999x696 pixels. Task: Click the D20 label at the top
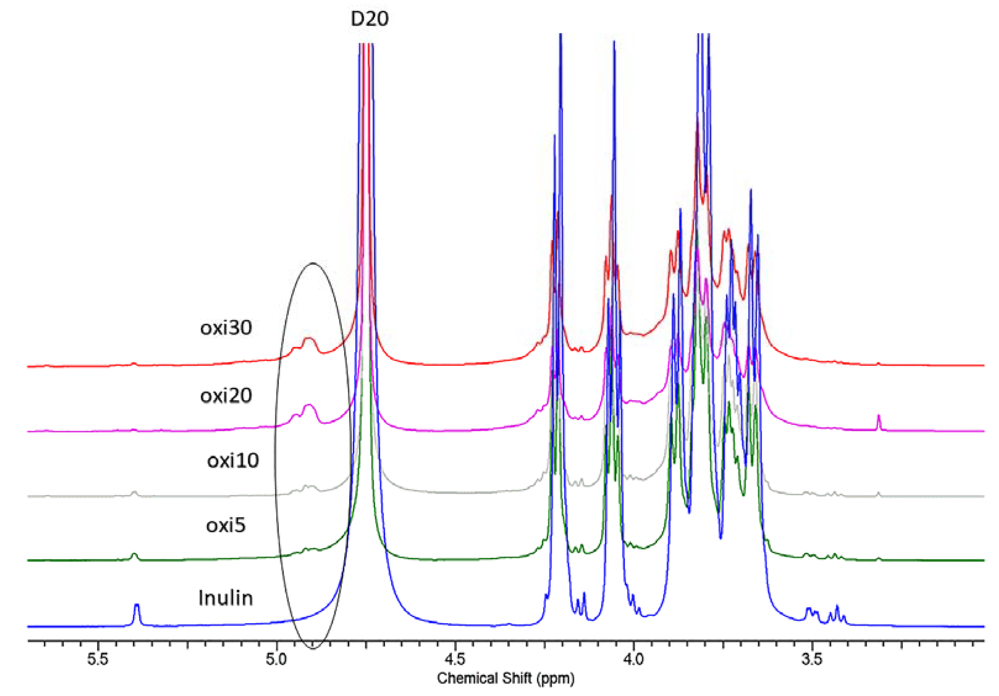[x=369, y=19]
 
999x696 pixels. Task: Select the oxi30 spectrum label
[x=226, y=328]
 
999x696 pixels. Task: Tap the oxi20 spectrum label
[x=226, y=396]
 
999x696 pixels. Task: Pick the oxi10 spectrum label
[x=233, y=460]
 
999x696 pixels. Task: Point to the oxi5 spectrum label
[x=226, y=525]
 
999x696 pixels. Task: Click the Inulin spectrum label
[x=226, y=598]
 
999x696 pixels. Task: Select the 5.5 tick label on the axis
[x=97, y=659]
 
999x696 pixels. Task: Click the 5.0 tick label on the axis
[x=276, y=659]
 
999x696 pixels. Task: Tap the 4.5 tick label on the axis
[x=455, y=659]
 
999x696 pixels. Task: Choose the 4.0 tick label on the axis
[x=633, y=659]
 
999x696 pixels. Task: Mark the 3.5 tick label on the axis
[x=811, y=659]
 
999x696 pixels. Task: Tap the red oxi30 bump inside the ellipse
[x=309, y=340]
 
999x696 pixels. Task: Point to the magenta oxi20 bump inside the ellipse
[x=309, y=407]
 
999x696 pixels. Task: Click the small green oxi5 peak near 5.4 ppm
[x=134, y=556]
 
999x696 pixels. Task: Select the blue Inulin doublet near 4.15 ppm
[x=581, y=603]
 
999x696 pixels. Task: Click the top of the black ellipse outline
[x=313, y=263]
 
